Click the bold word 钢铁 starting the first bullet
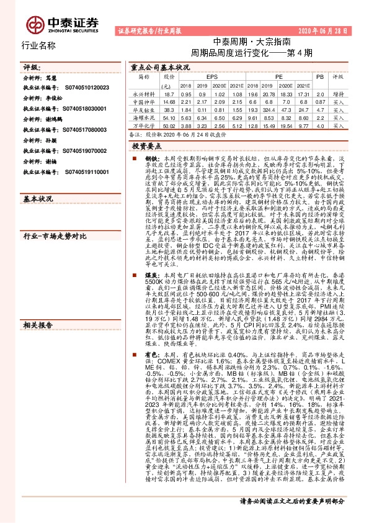click(x=151, y=159)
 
